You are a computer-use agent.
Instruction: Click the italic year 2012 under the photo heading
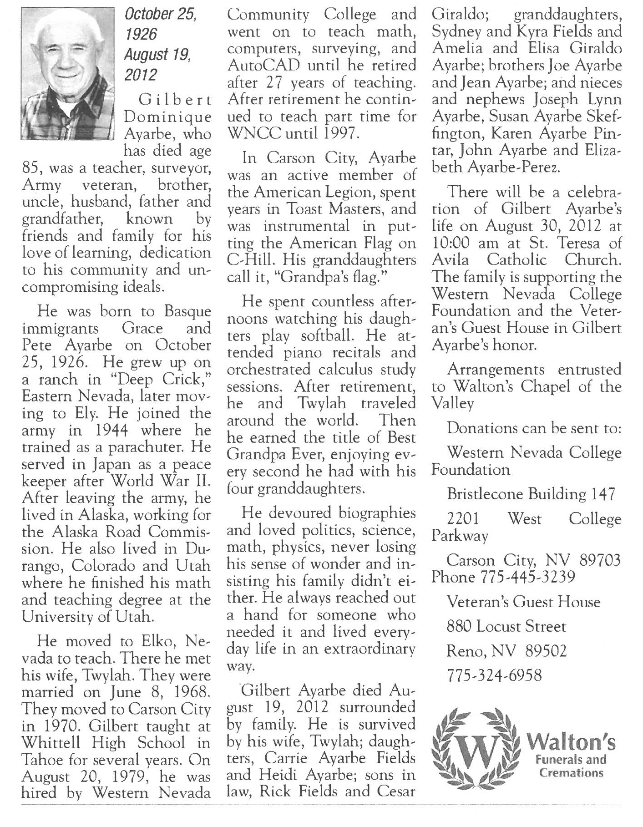coord(141,74)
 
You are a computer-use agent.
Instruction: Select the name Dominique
coord(168,117)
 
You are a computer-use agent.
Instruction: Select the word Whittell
coord(50,743)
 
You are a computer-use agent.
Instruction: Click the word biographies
coord(378,513)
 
